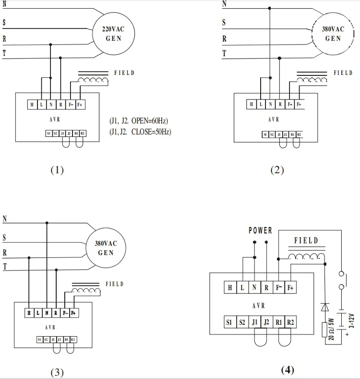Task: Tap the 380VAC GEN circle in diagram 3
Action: pyautogui.click(x=106, y=248)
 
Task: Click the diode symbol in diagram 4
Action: pyautogui.click(x=324, y=306)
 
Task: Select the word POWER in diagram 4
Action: pyautogui.click(x=260, y=231)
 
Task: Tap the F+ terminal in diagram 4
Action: pyautogui.click(x=290, y=288)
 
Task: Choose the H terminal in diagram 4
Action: pyautogui.click(x=230, y=288)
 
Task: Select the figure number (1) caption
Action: pyautogui.click(x=57, y=170)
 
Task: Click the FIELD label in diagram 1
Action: pyautogui.click(x=124, y=73)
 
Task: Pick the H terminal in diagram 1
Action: pyautogui.click(x=32, y=104)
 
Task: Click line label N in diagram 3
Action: pyautogui.click(x=5, y=219)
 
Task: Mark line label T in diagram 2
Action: pyautogui.click(x=224, y=53)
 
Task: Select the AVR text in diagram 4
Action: pyautogui.click(x=260, y=306)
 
